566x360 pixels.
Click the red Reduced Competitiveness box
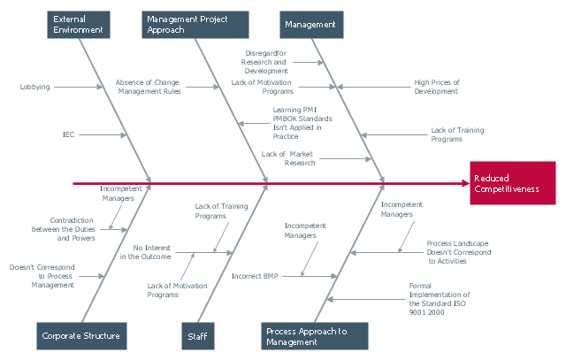tap(513, 183)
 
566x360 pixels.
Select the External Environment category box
tap(79, 25)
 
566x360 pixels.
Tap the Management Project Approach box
tap(195, 25)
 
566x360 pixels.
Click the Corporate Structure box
tap(81, 336)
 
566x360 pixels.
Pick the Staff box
tap(198, 336)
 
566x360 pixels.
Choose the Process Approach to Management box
tap(315, 336)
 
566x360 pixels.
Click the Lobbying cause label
tap(35, 87)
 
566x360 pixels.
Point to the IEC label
tap(69, 134)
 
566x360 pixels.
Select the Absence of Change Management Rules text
tap(149, 87)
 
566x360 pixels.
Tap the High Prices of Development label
tap(437, 87)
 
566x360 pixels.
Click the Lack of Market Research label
tap(288, 158)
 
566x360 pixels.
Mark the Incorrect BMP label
tap(255, 276)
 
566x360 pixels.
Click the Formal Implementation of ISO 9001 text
tap(440, 299)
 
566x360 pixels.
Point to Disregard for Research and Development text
tap(264, 62)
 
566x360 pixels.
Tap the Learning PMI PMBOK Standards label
tap(302, 123)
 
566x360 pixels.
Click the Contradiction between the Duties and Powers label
tap(64, 229)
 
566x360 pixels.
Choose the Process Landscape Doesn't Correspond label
tap(459, 252)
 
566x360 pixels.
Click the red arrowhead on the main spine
tap(466, 183)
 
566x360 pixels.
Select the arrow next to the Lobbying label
tap(79, 87)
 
